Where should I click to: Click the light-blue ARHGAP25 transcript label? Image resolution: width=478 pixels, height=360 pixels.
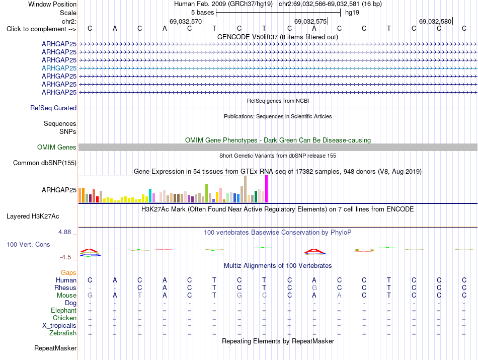(59, 68)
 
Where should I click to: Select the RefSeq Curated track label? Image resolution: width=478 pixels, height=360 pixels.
(53, 108)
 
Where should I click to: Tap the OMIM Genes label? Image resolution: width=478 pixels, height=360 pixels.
(57, 148)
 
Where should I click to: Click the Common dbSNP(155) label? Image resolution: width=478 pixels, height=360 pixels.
(45, 163)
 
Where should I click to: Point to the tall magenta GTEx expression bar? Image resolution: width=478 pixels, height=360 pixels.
(267, 189)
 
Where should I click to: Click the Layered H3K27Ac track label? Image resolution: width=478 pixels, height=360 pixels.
(33, 217)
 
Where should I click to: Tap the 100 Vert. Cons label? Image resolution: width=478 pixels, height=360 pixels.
(28, 244)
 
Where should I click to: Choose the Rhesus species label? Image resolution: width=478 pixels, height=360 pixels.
(65, 287)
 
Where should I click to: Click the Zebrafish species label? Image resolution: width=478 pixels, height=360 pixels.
(63, 333)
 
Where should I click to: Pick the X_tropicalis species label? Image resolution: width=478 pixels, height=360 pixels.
(59, 326)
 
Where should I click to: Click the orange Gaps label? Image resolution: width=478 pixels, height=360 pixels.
(68, 272)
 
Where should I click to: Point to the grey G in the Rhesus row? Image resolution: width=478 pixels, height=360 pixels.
(314, 287)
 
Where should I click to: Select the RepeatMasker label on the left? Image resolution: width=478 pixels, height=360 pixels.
(55, 348)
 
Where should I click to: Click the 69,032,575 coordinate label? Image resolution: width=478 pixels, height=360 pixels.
(310, 21)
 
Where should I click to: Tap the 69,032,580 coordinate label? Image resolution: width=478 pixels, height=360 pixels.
(435, 21)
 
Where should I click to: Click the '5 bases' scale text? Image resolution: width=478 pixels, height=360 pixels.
(203, 13)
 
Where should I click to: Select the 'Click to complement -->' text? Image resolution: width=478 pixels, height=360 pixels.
(41, 29)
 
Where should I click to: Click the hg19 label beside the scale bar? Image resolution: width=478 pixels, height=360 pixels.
(352, 13)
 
